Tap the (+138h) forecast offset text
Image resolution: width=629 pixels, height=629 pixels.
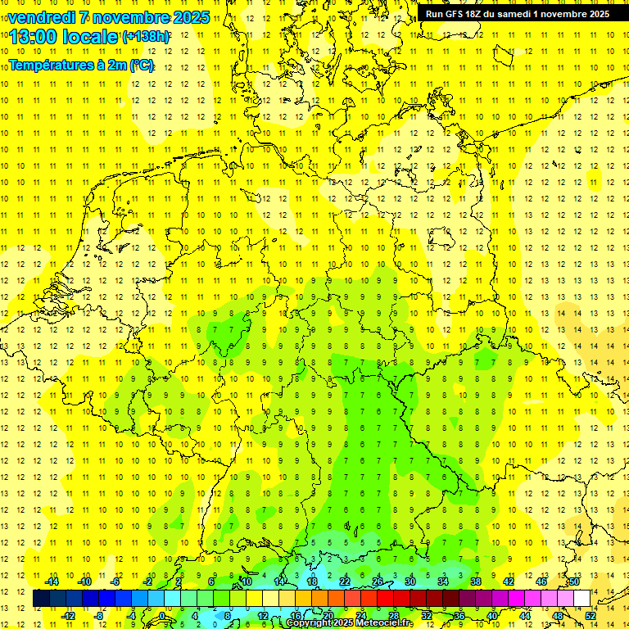tap(146, 37)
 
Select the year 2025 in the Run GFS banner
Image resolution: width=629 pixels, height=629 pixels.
tap(595, 14)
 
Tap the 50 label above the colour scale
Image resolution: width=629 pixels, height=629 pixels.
tap(574, 581)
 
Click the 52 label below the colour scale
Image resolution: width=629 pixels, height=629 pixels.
tap(591, 615)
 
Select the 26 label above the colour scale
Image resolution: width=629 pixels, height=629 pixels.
tap(378, 581)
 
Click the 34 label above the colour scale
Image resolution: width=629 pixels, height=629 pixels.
tap(443, 581)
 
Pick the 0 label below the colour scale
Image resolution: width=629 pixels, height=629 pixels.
tap(162, 615)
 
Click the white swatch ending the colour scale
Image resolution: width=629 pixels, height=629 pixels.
tap(581, 598)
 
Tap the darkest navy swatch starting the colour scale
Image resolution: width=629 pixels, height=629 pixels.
tap(41, 598)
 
